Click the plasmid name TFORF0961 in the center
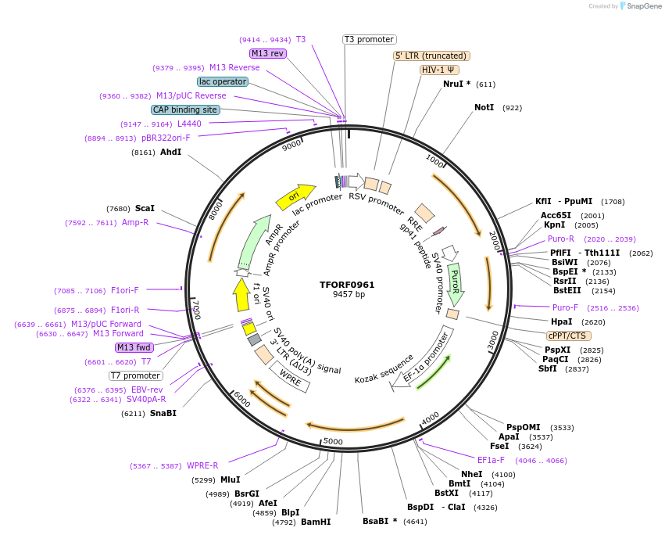pyautogui.click(x=347, y=285)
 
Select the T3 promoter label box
pyautogui.click(x=370, y=39)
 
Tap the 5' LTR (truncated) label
pyautogui.click(x=431, y=56)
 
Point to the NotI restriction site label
pyautogui.click(x=484, y=107)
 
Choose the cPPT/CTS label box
pyautogui.click(x=567, y=336)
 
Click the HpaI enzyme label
pyautogui.click(x=562, y=321)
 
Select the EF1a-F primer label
pyautogui.click(x=491, y=460)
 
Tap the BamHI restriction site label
pyautogui.click(x=316, y=522)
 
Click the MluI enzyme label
pyautogui.click(x=230, y=479)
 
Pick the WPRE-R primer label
pyautogui.click(x=202, y=466)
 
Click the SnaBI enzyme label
pyautogui.click(x=163, y=413)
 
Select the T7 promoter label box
pyautogui.click(x=136, y=375)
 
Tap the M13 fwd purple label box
pyautogui.click(x=134, y=347)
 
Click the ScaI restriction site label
pyautogui.click(x=145, y=209)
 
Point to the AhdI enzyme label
pyautogui.click(x=170, y=153)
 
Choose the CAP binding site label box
pyautogui.click(x=185, y=110)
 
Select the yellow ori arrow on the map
pyautogui.click(x=295, y=197)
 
